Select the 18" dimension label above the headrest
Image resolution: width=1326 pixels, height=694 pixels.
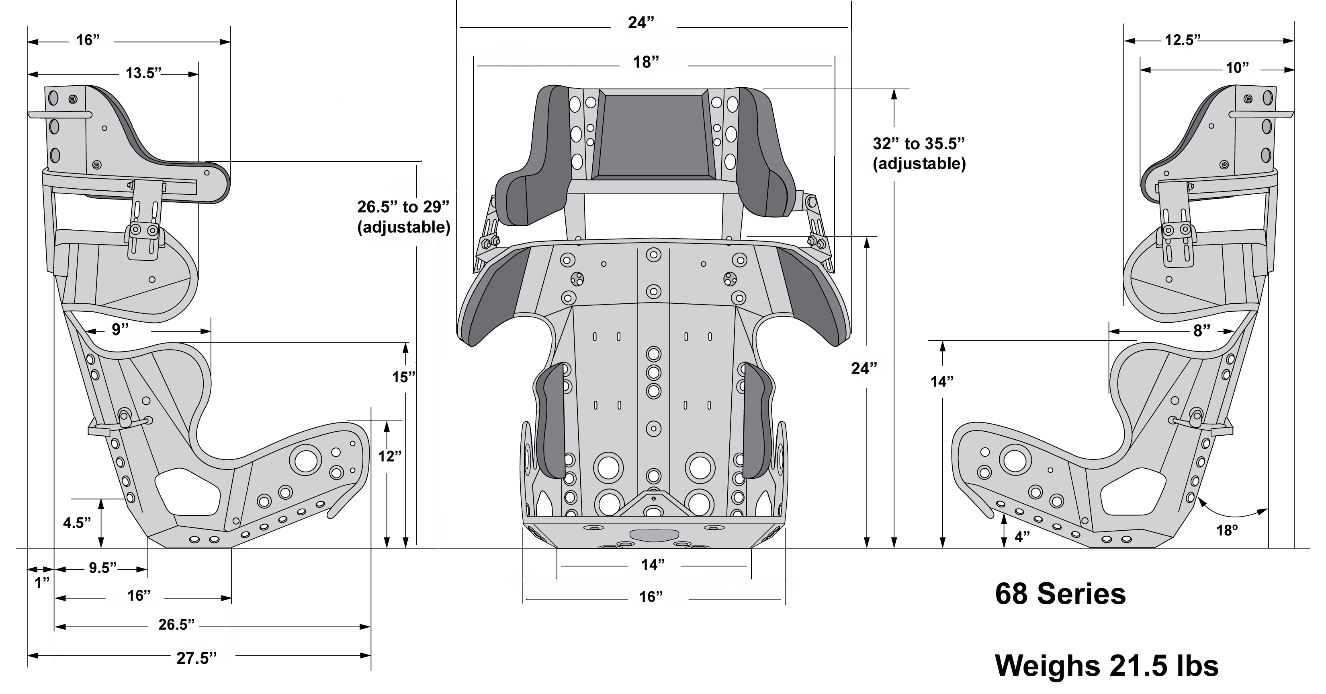(646, 62)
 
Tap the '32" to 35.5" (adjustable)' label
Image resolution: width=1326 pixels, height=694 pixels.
(919, 154)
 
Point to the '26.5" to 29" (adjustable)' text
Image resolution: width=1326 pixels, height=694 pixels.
(403, 217)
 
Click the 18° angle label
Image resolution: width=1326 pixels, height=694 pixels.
(1227, 530)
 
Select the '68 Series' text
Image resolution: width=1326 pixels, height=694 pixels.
(1060, 594)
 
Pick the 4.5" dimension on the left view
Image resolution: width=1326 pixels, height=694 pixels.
(77, 523)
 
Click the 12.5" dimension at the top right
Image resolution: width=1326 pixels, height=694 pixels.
(1183, 40)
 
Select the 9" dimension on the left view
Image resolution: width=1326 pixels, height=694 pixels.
(120, 330)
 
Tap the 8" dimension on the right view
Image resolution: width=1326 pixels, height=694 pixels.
(1201, 331)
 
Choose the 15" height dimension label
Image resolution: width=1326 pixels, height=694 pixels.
(403, 377)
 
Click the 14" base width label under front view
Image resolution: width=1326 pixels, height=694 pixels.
(652, 565)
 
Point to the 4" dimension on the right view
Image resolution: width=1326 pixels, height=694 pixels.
(1022, 537)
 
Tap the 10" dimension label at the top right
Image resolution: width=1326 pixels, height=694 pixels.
(1237, 68)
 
